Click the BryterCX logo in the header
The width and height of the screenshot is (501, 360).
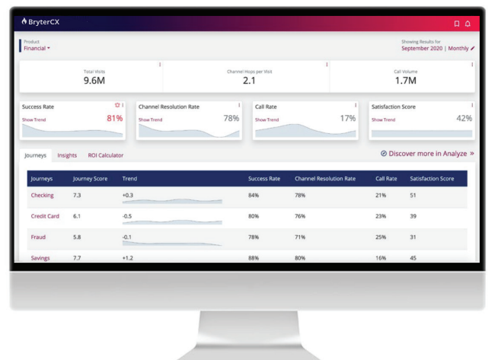click(x=43, y=22)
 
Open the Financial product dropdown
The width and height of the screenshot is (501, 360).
click(x=37, y=48)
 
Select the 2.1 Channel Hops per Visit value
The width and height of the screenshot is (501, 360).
click(x=249, y=81)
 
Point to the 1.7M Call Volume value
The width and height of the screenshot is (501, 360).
click(x=405, y=81)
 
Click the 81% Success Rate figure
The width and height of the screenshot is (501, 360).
click(x=113, y=118)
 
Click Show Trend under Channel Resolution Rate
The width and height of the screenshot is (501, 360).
click(x=150, y=119)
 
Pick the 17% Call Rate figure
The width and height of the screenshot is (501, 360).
click(x=347, y=118)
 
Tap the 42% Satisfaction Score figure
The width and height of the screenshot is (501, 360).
click(x=464, y=118)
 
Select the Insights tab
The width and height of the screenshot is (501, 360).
click(x=67, y=155)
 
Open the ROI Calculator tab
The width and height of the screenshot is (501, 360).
click(x=106, y=155)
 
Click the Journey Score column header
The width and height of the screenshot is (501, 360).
click(x=90, y=179)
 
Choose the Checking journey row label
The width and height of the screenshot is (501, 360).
click(x=42, y=196)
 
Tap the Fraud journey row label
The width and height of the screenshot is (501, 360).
click(x=38, y=237)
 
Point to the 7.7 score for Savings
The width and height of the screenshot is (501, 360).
click(x=77, y=258)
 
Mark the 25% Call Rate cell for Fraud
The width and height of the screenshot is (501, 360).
click(x=381, y=237)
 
